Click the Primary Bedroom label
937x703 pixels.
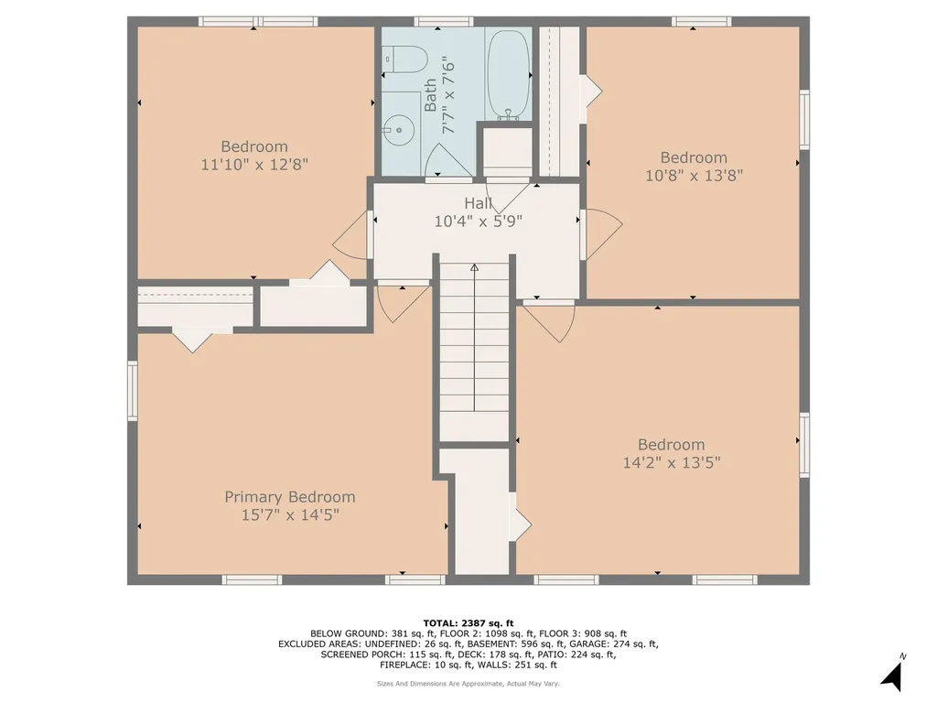click(290, 497)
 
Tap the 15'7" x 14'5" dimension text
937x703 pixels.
click(290, 515)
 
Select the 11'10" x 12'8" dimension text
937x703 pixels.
click(254, 165)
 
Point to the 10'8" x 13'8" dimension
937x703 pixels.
click(694, 176)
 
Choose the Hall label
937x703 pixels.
click(478, 203)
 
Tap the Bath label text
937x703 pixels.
click(431, 95)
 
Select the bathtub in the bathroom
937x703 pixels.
click(509, 73)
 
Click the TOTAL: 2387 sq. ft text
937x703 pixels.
click(468, 622)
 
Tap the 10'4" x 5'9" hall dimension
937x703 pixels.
click(478, 221)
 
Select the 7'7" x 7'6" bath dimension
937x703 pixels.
click(448, 95)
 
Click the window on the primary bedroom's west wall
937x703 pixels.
click(133, 391)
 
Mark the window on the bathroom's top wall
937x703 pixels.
click(443, 21)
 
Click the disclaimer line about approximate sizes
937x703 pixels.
click(468, 683)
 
